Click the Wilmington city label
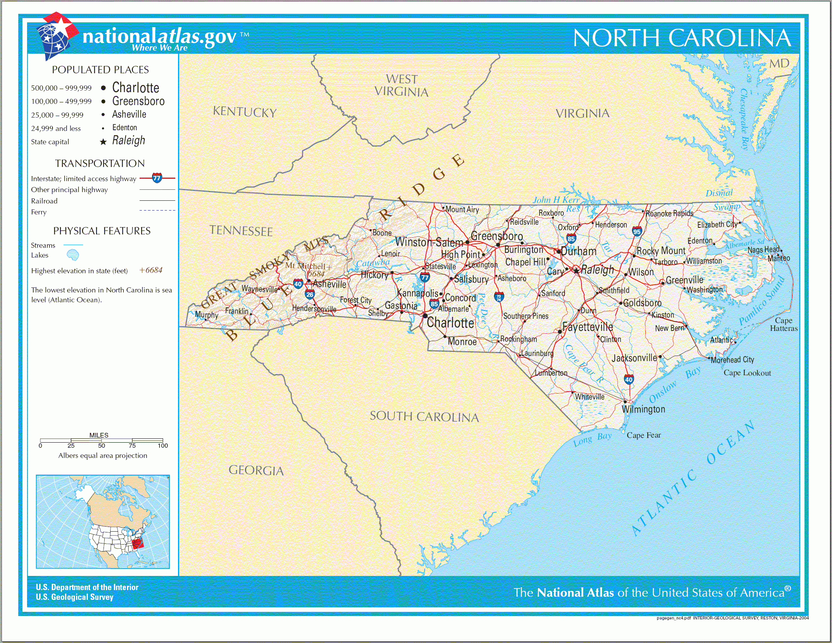(643, 409)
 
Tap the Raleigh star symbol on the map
(576, 271)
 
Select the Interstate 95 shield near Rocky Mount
(637, 231)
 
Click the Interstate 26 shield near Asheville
(310, 294)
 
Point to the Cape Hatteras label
(783, 325)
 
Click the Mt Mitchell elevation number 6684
(316, 274)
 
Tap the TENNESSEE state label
(241, 231)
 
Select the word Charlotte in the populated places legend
(136, 87)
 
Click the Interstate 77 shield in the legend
(157, 178)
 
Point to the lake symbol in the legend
(73, 255)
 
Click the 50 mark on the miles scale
(102, 445)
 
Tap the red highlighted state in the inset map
(137, 543)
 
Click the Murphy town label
(207, 315)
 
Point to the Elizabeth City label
(717, 225)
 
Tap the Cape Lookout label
(747, 373)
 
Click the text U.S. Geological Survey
(74, 597)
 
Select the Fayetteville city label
(587, 327)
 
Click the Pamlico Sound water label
(761, 301)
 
